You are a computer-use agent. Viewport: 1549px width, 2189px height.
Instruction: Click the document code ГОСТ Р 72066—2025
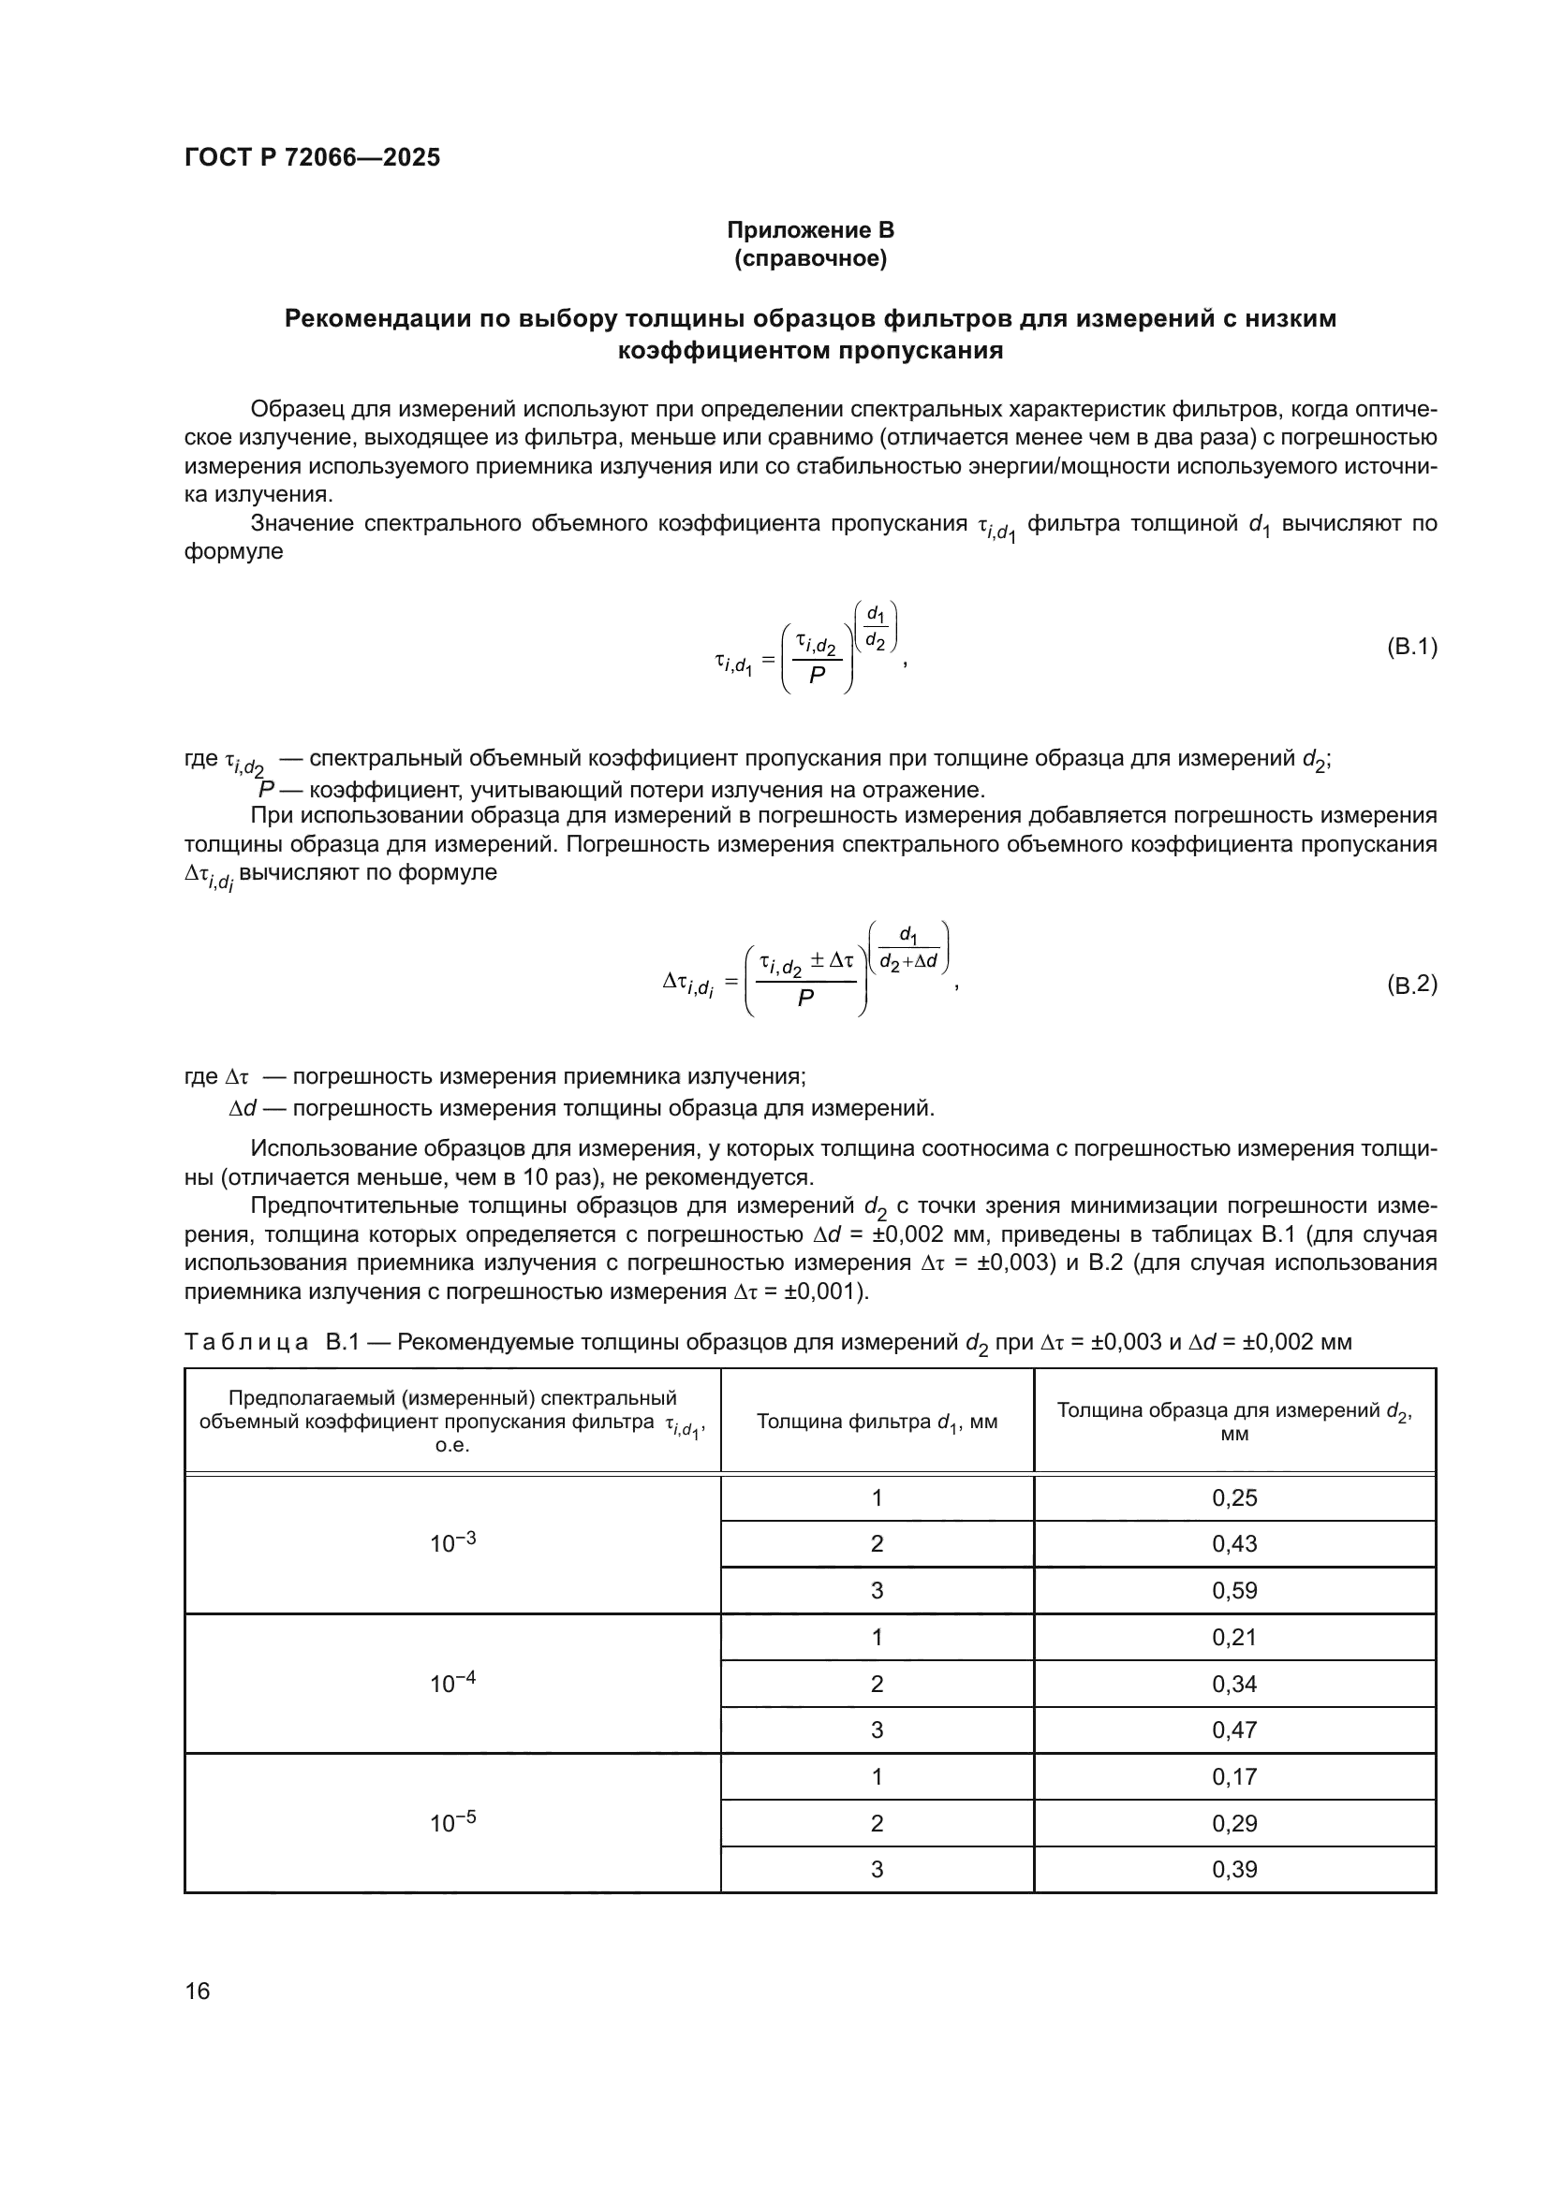point(312,157)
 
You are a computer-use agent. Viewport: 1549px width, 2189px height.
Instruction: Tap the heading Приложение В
point(810,230)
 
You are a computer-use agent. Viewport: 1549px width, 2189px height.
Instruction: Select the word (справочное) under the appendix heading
point(810,258)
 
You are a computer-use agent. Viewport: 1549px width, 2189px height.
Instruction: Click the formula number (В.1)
point(1410,648)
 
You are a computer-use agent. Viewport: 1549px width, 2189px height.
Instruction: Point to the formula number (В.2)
point(1410,984)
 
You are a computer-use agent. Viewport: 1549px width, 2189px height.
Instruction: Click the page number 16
point(198,1991)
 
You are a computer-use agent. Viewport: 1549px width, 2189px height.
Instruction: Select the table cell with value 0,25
point(1234,1497)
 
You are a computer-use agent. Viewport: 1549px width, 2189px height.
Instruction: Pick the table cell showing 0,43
point(1234,1543)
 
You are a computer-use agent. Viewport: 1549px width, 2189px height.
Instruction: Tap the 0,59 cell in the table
point(1234,1590)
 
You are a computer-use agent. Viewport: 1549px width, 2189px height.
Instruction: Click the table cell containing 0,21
point(1234,1637)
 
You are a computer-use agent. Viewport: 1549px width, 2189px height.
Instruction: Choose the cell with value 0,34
point(1234,1684)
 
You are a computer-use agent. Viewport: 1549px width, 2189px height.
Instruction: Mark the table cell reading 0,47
point(1234,1729)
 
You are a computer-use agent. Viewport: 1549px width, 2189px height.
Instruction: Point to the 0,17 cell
point(1234,1776)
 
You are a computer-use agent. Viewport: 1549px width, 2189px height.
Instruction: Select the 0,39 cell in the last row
point(1234,1869)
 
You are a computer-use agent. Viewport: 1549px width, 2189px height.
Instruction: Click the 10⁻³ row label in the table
point(452,1542)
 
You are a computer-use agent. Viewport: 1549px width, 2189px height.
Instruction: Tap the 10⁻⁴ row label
point(452,1683)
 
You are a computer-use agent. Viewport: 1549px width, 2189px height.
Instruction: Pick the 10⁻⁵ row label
point(452,1822)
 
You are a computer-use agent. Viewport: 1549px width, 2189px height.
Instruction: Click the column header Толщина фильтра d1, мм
point(877,1423)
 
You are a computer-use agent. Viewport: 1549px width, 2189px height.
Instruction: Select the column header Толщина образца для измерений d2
point(1234,1421)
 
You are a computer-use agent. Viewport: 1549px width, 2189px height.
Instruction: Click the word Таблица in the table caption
point(246,1342)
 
